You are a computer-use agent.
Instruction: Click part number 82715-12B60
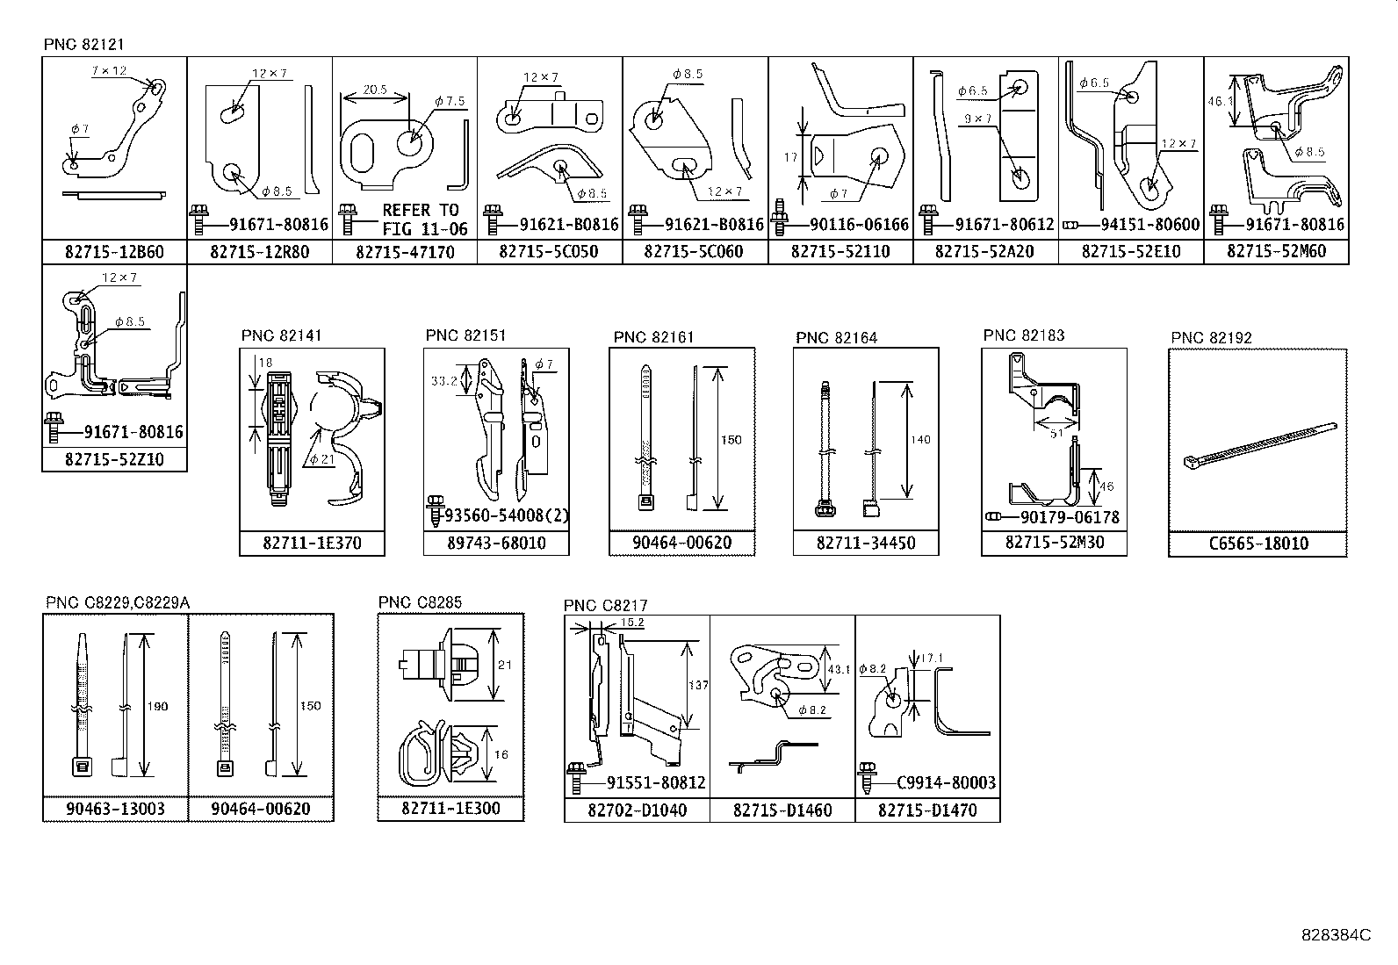114,252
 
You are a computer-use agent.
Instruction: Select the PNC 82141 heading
282,335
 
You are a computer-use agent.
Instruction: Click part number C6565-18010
1258,544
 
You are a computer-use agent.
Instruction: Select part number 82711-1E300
450,808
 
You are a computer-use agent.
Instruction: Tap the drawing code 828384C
1335,935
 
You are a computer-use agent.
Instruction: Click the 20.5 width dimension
375,90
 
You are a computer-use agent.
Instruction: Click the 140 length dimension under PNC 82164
920,440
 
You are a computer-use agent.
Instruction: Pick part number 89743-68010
495,544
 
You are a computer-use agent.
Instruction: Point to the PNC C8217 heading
605,605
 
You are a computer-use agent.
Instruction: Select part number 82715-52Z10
114,459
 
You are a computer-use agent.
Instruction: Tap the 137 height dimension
698,685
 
